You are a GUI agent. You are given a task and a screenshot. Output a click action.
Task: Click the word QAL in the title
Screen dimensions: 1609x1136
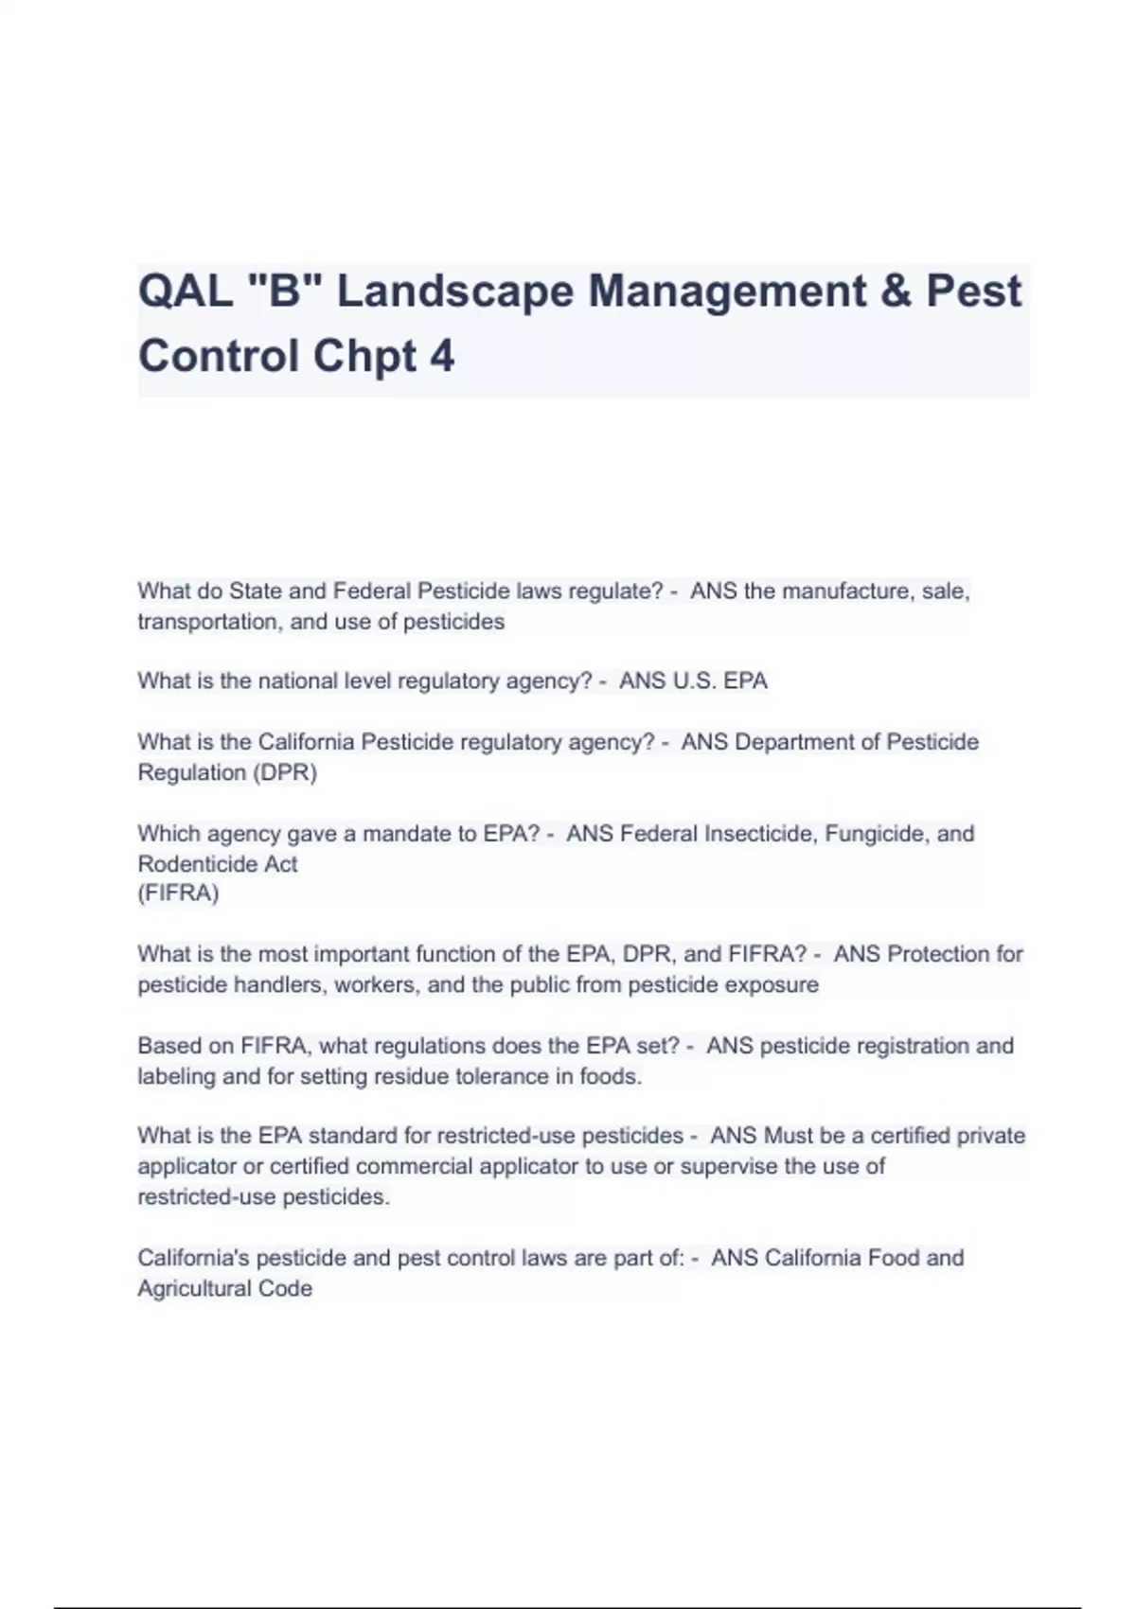(186, 292)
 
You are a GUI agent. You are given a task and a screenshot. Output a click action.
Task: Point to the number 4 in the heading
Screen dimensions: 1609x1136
(442, 357)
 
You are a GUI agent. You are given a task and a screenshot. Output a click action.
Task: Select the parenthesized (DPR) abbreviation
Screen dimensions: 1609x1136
(284, 772)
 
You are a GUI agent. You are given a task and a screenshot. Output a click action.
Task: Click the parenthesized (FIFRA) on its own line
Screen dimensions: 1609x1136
(178, 893)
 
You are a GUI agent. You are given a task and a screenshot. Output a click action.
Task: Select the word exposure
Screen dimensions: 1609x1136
(771, 985)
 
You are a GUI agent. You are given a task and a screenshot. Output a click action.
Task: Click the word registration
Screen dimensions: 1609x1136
(912, 1046)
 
